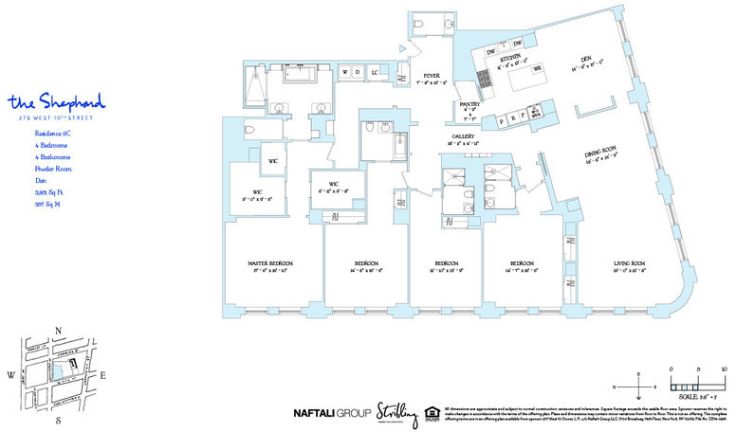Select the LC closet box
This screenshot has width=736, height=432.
click(376, 72)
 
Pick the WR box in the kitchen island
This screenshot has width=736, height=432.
click(537, 69)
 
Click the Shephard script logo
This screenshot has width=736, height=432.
click(55, 101)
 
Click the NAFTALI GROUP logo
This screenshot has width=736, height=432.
click(330, 413)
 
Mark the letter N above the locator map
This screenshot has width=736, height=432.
click(59, 330)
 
